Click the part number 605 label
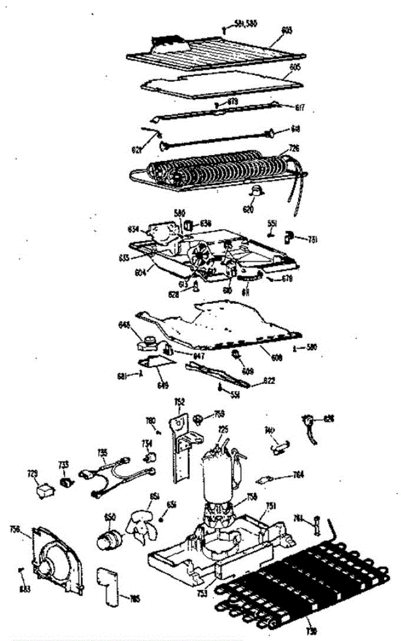pos(295,68)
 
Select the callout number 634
pos(133,229)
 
